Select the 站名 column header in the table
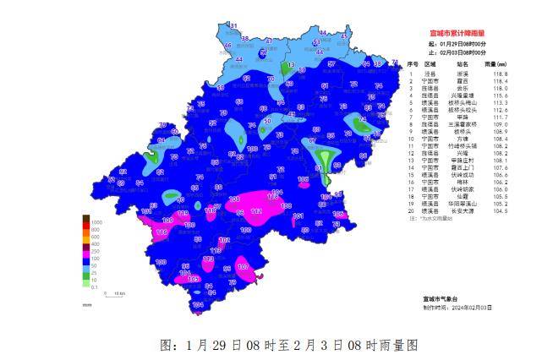tap(463, 63)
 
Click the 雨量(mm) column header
tap(496, 63)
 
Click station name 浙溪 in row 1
tap(463, 74)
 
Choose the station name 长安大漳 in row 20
tap(463, 211)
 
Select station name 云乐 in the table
tap(463, 88)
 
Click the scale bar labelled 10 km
tap(118, 293)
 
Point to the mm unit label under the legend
tap(87, 303)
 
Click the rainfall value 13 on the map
tap(289, 65)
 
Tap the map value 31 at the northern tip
tap(233, 27)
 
